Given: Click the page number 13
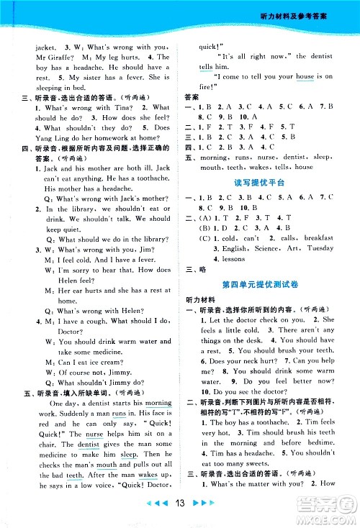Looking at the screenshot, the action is coord(180,511).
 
